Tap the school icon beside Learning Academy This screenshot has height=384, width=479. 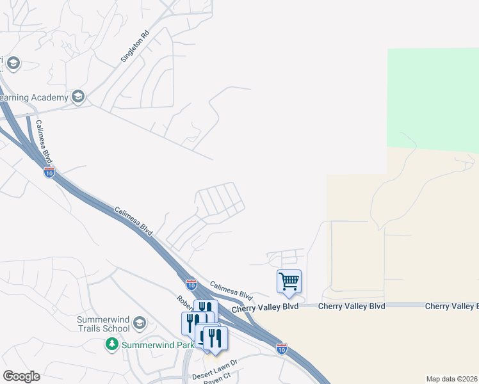point(78,97)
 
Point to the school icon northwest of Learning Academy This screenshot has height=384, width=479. point(13,63)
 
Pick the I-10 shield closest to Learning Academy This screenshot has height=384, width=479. point(49,172)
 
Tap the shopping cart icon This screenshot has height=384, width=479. point(289,281)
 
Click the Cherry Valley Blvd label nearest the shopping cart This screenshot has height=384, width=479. point(265,308)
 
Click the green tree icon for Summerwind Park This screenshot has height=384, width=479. point(112,345)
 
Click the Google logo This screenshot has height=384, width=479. point(21,376)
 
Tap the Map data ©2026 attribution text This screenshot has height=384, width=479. point(451,379)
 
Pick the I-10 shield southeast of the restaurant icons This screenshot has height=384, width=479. point(282,348)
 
